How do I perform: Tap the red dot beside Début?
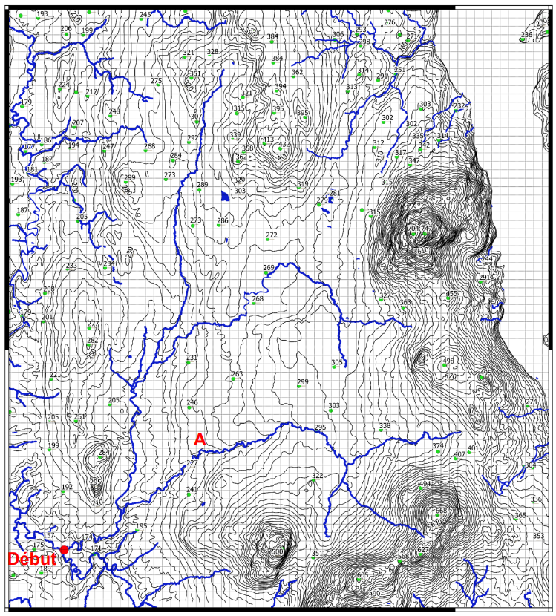(x=65, y=549)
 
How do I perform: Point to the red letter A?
(x=199, y=439)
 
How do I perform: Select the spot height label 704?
(x=413, y=229)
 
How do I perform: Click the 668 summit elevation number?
(x=441, y=511)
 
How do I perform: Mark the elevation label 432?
(x=284, y=144)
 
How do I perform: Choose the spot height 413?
(x=268, y=139)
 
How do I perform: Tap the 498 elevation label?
(x=448, y=361)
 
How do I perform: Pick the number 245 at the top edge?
(x=145, y=15)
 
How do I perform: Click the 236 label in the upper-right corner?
(x=526, y=35)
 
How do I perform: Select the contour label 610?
(x=423, y=252)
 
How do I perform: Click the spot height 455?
(x=451, y=294)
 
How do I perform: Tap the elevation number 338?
(x=385, y=426)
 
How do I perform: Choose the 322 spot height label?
(x=317, y=476)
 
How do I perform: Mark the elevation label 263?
(x=237, y=374)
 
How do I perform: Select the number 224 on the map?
(x=64, y=85)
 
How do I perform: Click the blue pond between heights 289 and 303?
(x=224, y=197)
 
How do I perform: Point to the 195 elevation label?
(x=141, y=526)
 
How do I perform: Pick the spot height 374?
(x=438, y=446)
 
